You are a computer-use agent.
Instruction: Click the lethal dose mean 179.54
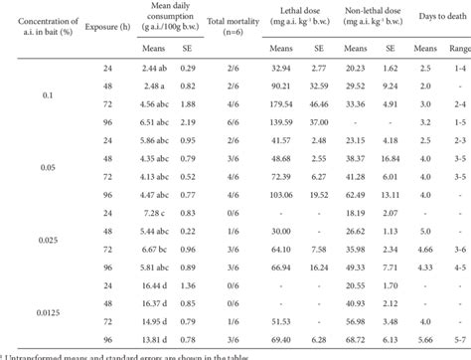[x=286, y=102]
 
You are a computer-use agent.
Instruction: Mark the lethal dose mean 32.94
[x=286, y=66]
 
